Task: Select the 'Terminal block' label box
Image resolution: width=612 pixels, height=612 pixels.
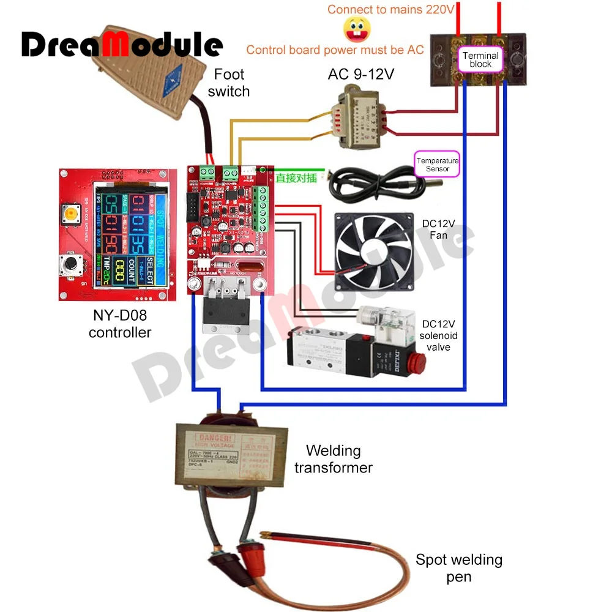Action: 480,59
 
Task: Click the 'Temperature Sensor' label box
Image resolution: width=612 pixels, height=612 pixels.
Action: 437,164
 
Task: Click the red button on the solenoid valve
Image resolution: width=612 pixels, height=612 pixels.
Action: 420,360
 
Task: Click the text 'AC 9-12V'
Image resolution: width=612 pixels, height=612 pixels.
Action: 361,74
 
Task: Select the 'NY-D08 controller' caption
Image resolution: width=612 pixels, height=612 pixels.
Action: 120,324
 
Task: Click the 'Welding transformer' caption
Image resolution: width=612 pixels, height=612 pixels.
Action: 334,459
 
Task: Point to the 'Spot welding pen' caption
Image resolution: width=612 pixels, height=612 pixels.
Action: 459,567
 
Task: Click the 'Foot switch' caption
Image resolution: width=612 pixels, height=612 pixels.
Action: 229,83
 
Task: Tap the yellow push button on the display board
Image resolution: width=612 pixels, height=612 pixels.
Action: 72,214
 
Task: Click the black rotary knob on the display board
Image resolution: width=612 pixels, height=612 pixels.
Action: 72,264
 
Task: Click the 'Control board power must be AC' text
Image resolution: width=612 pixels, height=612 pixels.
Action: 335,50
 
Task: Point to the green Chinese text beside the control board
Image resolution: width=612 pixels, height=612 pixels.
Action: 296,179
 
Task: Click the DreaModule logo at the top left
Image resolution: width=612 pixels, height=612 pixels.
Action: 122,44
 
